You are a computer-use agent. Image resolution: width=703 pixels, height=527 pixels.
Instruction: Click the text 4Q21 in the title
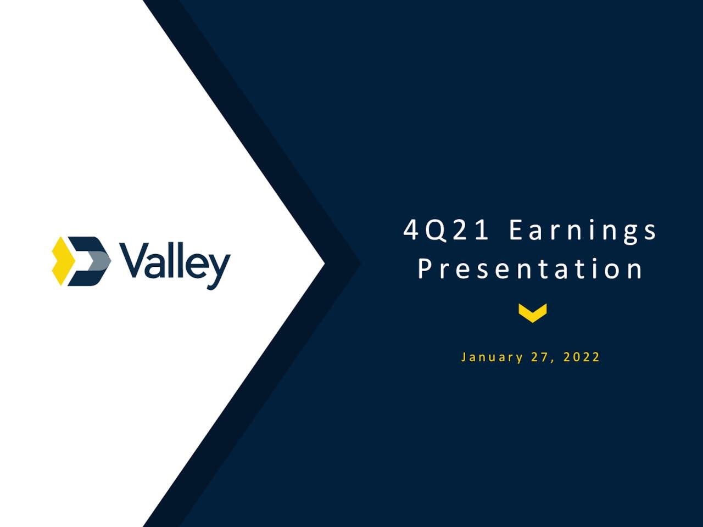tap(446, 230)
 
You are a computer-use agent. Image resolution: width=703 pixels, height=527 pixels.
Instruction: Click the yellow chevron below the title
tap(533, 312)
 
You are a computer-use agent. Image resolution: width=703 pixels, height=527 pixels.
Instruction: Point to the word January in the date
tap(492, 357)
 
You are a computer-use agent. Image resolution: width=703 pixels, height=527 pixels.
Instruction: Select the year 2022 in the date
tap(581, 357)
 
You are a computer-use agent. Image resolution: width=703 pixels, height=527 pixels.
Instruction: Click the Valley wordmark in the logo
tap(175, 265)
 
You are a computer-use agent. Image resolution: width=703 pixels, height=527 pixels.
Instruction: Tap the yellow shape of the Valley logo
tap(63, 261)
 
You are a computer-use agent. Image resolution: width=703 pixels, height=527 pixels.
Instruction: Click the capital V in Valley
tap(133, 260)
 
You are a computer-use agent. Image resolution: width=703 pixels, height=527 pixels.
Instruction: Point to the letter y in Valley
tap(219, 271)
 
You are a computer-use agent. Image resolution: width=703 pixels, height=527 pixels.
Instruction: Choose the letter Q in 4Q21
tap(436, 231)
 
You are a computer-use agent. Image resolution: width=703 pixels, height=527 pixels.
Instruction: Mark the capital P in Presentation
tap(425, 268)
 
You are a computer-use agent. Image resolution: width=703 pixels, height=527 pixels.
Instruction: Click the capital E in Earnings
tap(516, 230)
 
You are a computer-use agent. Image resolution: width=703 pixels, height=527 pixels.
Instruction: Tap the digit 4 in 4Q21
tap(410, 230)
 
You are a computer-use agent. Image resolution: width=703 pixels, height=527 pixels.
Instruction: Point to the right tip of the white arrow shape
tap(325, 263)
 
